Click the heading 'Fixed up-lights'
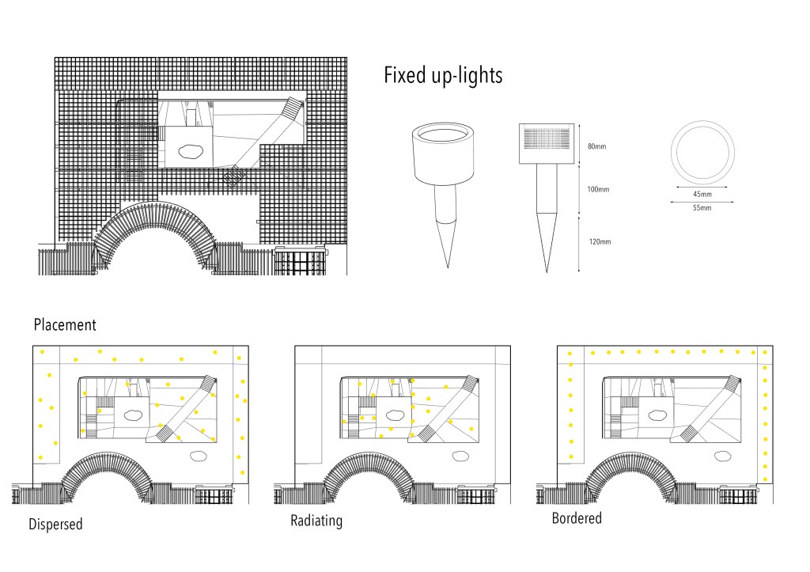coord(443,76)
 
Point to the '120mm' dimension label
coord(600,241)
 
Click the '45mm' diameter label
coord(702,194)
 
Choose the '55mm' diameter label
coord(702,208)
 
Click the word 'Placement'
coord(65,324)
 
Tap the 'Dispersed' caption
coord(55,524)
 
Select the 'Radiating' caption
coord(316,521)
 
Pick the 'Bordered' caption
coord(577,518)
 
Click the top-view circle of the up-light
coord(702,153)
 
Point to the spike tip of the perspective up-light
coord(448,266)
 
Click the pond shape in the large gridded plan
coord(191,150)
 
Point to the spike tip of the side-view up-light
coord(547,271)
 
